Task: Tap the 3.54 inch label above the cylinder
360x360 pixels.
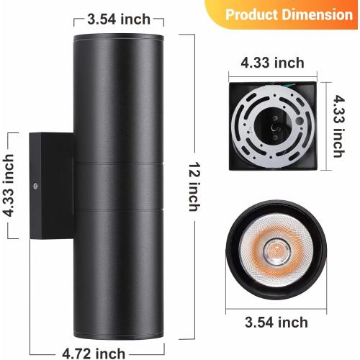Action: tap(119, 19)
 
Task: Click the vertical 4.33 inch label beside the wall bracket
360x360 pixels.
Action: tap(10, 185)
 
